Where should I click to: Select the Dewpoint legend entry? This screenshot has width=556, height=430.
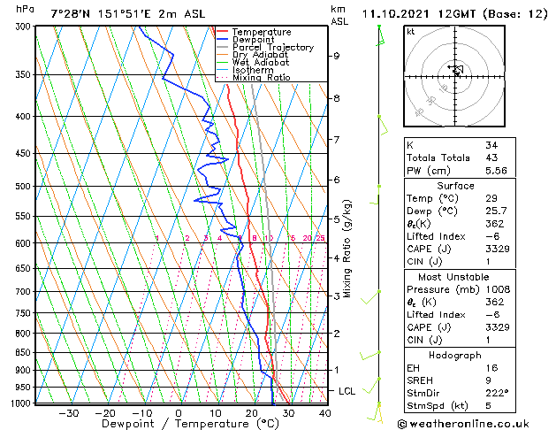[252, 40]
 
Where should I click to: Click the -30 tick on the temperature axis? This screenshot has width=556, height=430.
[68, 412]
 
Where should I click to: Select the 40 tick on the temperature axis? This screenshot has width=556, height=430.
[324, 412]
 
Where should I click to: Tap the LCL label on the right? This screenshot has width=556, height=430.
[348, 391]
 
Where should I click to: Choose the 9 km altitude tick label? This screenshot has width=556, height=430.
[337, 56]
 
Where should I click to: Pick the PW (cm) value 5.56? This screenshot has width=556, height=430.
[497, 171]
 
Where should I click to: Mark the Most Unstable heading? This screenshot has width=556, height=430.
[455, 276]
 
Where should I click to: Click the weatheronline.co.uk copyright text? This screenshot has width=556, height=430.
[476, 424]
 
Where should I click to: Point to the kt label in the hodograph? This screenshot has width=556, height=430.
[411, 31]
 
